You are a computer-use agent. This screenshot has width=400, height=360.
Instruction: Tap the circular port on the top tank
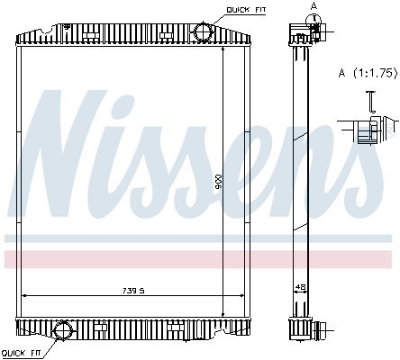[203, 33]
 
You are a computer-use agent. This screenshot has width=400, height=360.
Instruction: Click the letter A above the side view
[314, 5]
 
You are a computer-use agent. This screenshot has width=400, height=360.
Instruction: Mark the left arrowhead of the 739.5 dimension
[24, 295]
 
